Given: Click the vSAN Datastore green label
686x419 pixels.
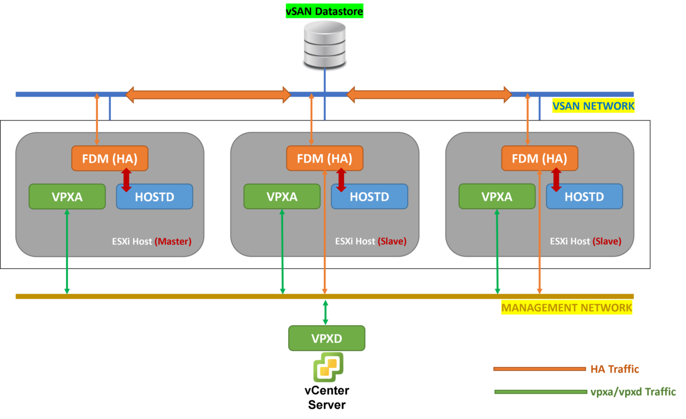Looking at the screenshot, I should (x=324, y=10).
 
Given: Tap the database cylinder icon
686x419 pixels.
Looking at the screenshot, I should (x=325, y=44).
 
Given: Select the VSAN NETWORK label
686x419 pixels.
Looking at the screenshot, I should (x=593, y=106).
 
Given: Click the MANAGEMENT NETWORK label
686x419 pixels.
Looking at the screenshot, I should (x=567, y=308).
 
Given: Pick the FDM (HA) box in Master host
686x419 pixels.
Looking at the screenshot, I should (x=110, y=158).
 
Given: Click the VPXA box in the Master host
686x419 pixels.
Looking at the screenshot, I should (x=67, y=197).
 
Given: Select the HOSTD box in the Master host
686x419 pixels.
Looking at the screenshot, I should (x=155, y=197).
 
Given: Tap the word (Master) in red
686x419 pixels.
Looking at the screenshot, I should (x=173, y=241).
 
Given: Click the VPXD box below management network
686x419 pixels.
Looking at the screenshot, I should (x=327, y=338).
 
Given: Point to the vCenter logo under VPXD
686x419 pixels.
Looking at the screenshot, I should (x=328, y=367).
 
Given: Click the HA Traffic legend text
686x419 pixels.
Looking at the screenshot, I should (x=614, y=369).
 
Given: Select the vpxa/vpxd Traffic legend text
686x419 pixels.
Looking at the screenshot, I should (x=633, y=392).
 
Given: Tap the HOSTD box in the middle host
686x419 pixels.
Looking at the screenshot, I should (x=369, y=197).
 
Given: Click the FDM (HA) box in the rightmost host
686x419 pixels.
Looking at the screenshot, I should (x=540, y=158).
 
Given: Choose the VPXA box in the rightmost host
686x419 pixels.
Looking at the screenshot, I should (x=497, y=197).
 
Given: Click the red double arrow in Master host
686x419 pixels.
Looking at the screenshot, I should (x=126, y=180).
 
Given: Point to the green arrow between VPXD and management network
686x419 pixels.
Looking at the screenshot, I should (x=325, y=312).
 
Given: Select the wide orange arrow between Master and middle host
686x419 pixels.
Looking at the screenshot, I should (x=208, y=94).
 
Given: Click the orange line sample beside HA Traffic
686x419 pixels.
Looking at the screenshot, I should (x=539, y=369).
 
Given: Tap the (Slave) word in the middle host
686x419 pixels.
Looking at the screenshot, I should (x=392, y=241).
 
